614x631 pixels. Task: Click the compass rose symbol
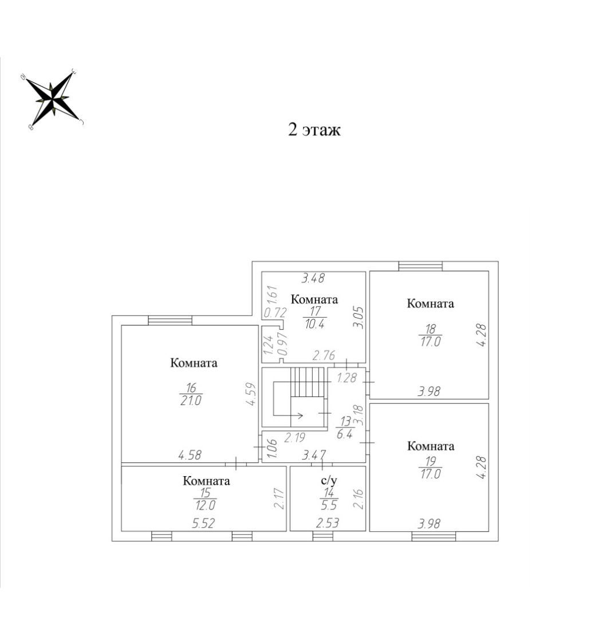tap(52, 99)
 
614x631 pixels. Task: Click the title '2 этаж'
tap(314, 130)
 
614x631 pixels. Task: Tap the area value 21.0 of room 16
tap(191, 401)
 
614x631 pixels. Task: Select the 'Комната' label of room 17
tap(314, 299)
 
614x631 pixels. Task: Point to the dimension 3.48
tap(313, 278)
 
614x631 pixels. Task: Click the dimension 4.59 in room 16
tap(251, 394)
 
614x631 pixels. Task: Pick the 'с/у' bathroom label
tap(329, 480)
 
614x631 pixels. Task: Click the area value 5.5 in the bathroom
tap(329, 505)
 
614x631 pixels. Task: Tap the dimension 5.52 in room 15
tap(203, 523)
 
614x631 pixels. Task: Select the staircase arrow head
tap(300, 415)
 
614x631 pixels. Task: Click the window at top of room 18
tap(420, 266)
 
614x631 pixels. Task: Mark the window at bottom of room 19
tap(434, 536)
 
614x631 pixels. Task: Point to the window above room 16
tap(170, 320)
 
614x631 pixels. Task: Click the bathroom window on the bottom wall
tap(323, 536)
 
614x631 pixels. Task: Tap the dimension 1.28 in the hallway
tap(347, 377)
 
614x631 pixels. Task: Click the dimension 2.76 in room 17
tap(324, 355)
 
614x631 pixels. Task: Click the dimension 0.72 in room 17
tap(275, 312)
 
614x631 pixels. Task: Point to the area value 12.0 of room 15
tap(205, 505)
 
